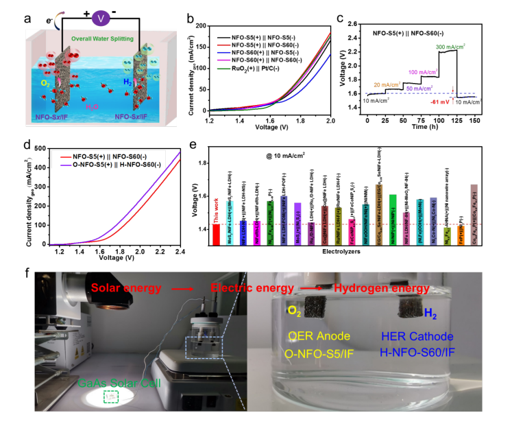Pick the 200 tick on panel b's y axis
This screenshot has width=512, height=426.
[197, 25]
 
